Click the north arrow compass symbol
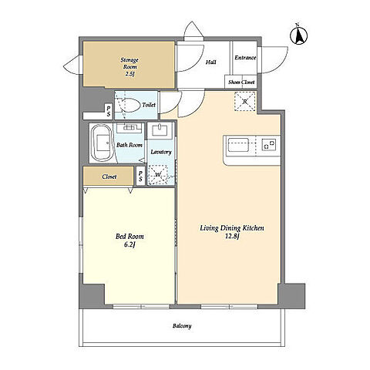pyautogui.click(x=299, y=35)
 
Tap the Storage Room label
pyautogui.click(x=129, y=63)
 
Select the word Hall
pyautogui.click(x=211, y=62)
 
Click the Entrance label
pyautogui.click(x=245, y=58)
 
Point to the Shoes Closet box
pyautogui.click(x=241, y=82)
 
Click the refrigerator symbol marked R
pyautogui.click(x=245, y=101)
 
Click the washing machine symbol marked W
pyautogui.click(x=158, y=175)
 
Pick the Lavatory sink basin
pyautogui.click(x=160, y=129)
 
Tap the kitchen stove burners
pyautogui.click(x=269, y=145)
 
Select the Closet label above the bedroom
pyautogui.click(x=109, y=177)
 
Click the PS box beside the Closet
pyautogui.click(x=140, y=177)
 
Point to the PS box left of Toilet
pyautogui.click(x=109, y=111)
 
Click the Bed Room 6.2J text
pyautogui.click(x=129, y=240)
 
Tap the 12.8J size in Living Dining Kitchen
pyautogui.click(x=232, y=237)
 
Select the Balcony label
pyautogui.click(x=182, y=326)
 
